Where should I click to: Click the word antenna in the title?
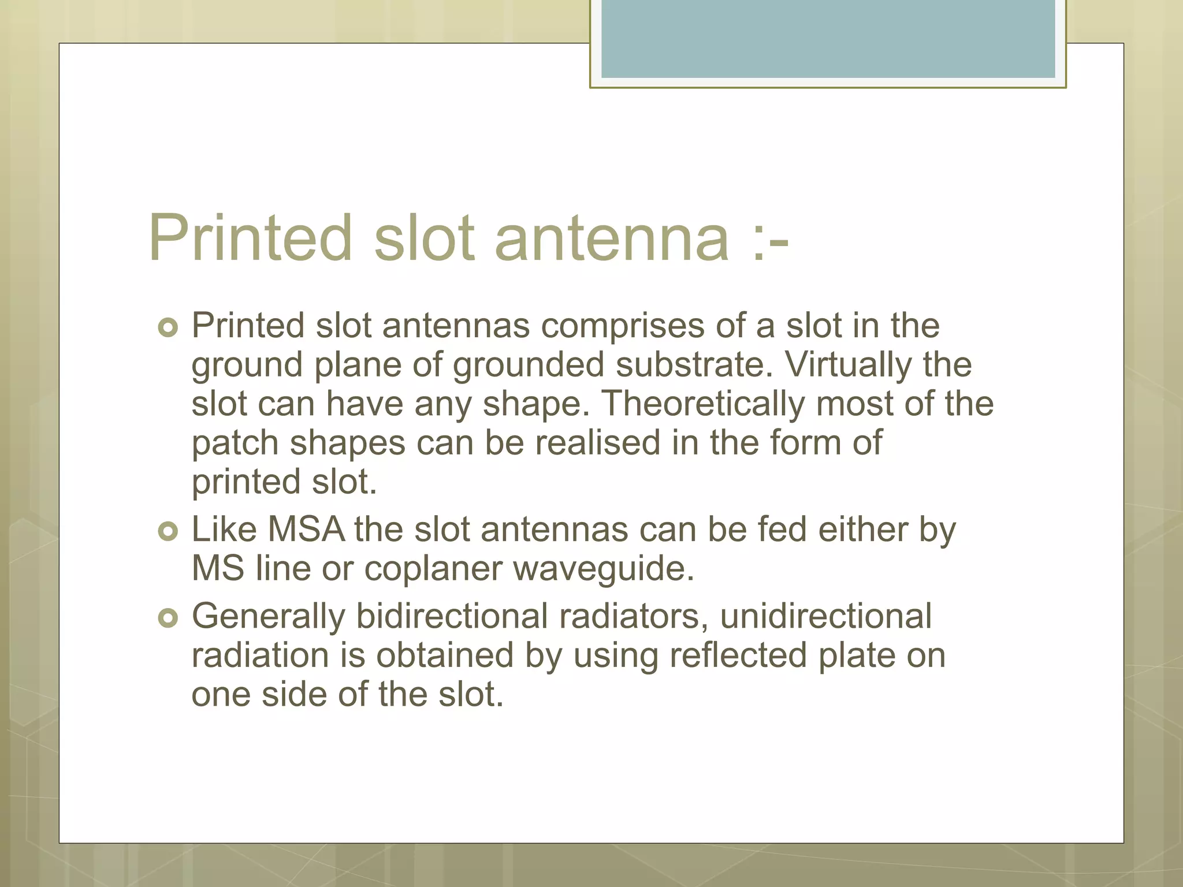(x=612, y=238)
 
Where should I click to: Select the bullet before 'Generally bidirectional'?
(x=168, y=618)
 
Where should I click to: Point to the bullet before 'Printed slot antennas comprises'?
(x=168, y=327)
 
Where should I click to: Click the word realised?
(x=597, y=443)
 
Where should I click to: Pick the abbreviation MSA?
(x=306, y=530)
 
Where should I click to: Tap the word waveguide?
(x=603, y=569)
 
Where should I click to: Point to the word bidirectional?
(x=451, y=616)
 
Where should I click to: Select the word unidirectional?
(x=825, y=616)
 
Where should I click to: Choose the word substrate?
(x=694, y=366)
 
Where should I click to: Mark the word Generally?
(x=268, y=617)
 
